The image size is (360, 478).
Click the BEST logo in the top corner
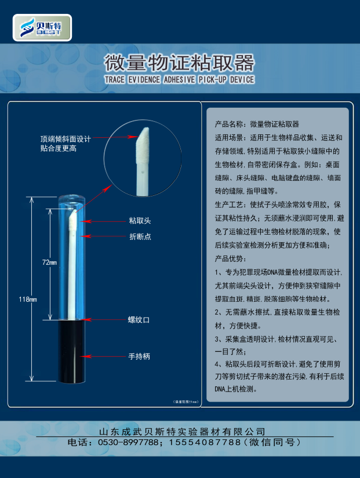[42, 27]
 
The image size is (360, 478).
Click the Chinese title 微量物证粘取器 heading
[179, 62]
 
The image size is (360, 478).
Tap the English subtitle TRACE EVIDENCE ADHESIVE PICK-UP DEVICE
[179, 79]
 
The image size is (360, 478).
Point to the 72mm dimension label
[49, 262]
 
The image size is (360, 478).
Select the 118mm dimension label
[27, 299]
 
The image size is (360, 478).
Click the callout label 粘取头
[140, 221]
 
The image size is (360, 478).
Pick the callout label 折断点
[140, 236]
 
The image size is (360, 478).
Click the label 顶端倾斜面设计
[66, 139]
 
